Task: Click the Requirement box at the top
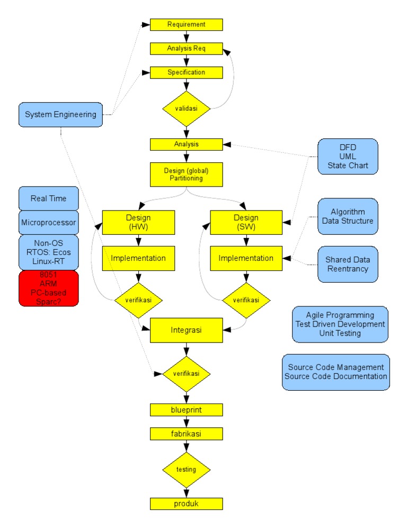click(186, 24)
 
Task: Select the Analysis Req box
click(186, 48)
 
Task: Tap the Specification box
click(186, 73)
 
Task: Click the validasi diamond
click(186, 109)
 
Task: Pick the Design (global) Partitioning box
click(186, 174)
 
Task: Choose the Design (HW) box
click(138, 222)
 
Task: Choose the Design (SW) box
click(246, 222)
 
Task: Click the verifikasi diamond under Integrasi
click(186, 374)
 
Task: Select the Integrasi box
click(186, 330)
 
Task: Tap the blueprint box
click(186, 410)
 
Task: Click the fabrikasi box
click(186, 434)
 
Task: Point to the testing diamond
click(186, 470)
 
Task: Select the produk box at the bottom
click(186, 504)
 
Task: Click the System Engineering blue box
click(60, 115)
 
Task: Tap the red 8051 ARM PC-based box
click(48, 288)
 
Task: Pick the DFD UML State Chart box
click(348, 156)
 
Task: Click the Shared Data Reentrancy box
click(348, 264)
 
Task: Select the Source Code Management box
click(336, 372)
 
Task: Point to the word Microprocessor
click(48, 223)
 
